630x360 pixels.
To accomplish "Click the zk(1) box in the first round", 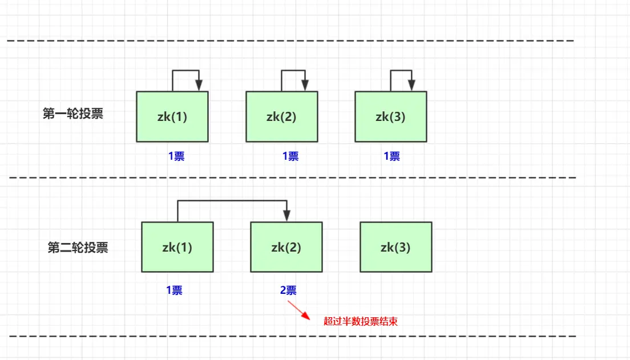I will [x=172, y=116].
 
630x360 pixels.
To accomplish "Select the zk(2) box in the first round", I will [x=281, y=116].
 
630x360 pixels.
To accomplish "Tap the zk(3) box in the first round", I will [x=390, y=116].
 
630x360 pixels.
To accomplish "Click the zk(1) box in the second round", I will [x=177, y=247].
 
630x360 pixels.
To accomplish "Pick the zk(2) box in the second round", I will [x=286, y=247].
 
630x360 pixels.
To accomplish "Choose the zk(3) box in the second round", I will [x=395, y=247].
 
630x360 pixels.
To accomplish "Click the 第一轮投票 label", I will [x=73, y=114].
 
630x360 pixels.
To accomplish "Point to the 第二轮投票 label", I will [x=78, y=248].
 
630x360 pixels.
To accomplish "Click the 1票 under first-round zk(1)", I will [x=176, y=156].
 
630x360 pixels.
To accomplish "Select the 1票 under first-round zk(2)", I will [x=290, y=156].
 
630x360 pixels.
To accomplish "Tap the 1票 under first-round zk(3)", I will [x=391, y=156].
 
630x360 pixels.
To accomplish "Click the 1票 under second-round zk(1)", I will [x=174, y=290].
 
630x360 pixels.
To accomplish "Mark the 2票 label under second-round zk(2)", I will [x=288, y=290].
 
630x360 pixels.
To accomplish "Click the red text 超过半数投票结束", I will [x=360, y=321].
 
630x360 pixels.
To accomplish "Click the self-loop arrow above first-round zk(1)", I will [x=186, y=71].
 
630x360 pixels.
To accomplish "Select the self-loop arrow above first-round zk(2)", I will [x=294, y=71].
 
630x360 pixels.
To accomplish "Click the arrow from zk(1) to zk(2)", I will [x=231, y=201].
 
